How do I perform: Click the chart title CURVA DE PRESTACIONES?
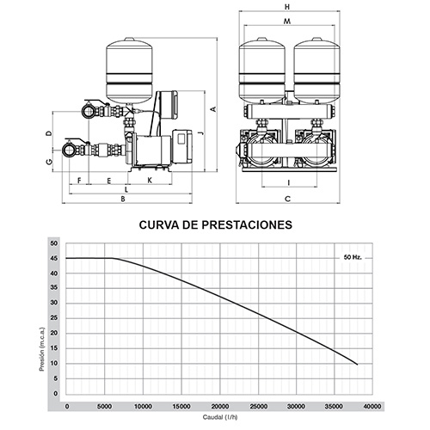216,224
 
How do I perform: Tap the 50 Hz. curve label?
353,257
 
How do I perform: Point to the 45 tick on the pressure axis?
54,258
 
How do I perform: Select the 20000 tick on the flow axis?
220,406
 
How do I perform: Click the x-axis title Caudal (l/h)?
220,417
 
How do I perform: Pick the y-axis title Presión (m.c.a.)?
42,349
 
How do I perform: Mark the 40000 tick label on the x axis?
372,406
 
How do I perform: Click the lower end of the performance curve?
357,365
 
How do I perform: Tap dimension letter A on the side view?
213,109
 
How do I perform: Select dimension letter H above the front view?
287,7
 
